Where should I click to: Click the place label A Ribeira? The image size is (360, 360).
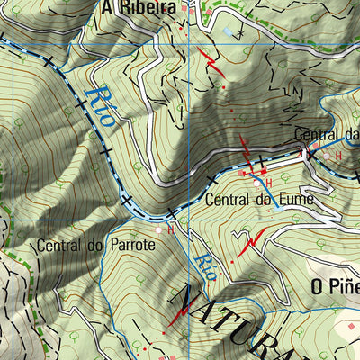point(138,7)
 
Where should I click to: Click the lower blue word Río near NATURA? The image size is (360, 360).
point(204,266)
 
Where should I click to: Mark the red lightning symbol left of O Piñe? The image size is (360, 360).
point(252,240)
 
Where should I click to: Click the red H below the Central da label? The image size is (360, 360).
point(338,156)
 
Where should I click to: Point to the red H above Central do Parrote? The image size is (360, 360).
point(170,229)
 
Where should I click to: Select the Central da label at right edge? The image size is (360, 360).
point(327,135)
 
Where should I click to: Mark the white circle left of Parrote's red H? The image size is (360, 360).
point(159,230)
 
